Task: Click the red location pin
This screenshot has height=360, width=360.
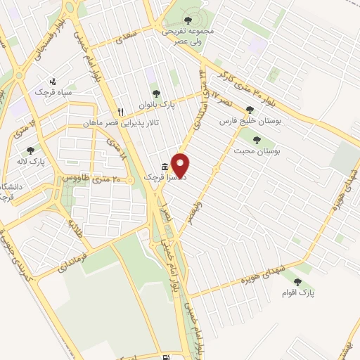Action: click(181, 165)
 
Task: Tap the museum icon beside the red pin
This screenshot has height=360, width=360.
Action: click(165, 167)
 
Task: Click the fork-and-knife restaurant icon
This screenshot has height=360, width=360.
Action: click(120, 112)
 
